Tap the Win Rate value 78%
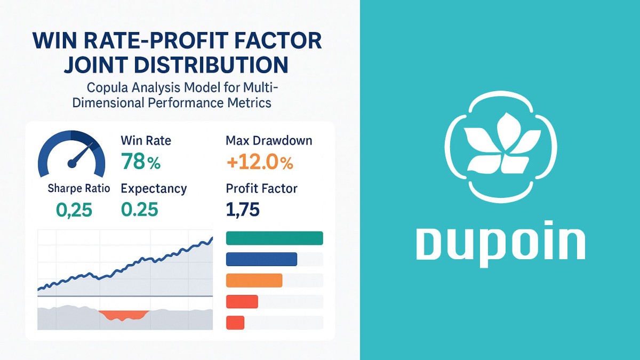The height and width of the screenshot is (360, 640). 140,162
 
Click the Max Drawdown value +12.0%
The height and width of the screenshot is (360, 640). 259,162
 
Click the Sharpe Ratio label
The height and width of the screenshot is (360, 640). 78,189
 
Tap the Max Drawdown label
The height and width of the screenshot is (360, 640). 269,141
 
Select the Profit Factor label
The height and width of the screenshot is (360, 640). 261,188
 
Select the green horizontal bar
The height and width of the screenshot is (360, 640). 275,238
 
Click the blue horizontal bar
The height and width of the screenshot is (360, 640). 261,259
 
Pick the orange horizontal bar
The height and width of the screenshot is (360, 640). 254,281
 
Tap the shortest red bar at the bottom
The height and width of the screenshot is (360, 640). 235,323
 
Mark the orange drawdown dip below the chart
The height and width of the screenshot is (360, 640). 123,315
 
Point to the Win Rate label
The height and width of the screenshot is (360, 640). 146,141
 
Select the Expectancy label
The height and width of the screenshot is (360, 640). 154,188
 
